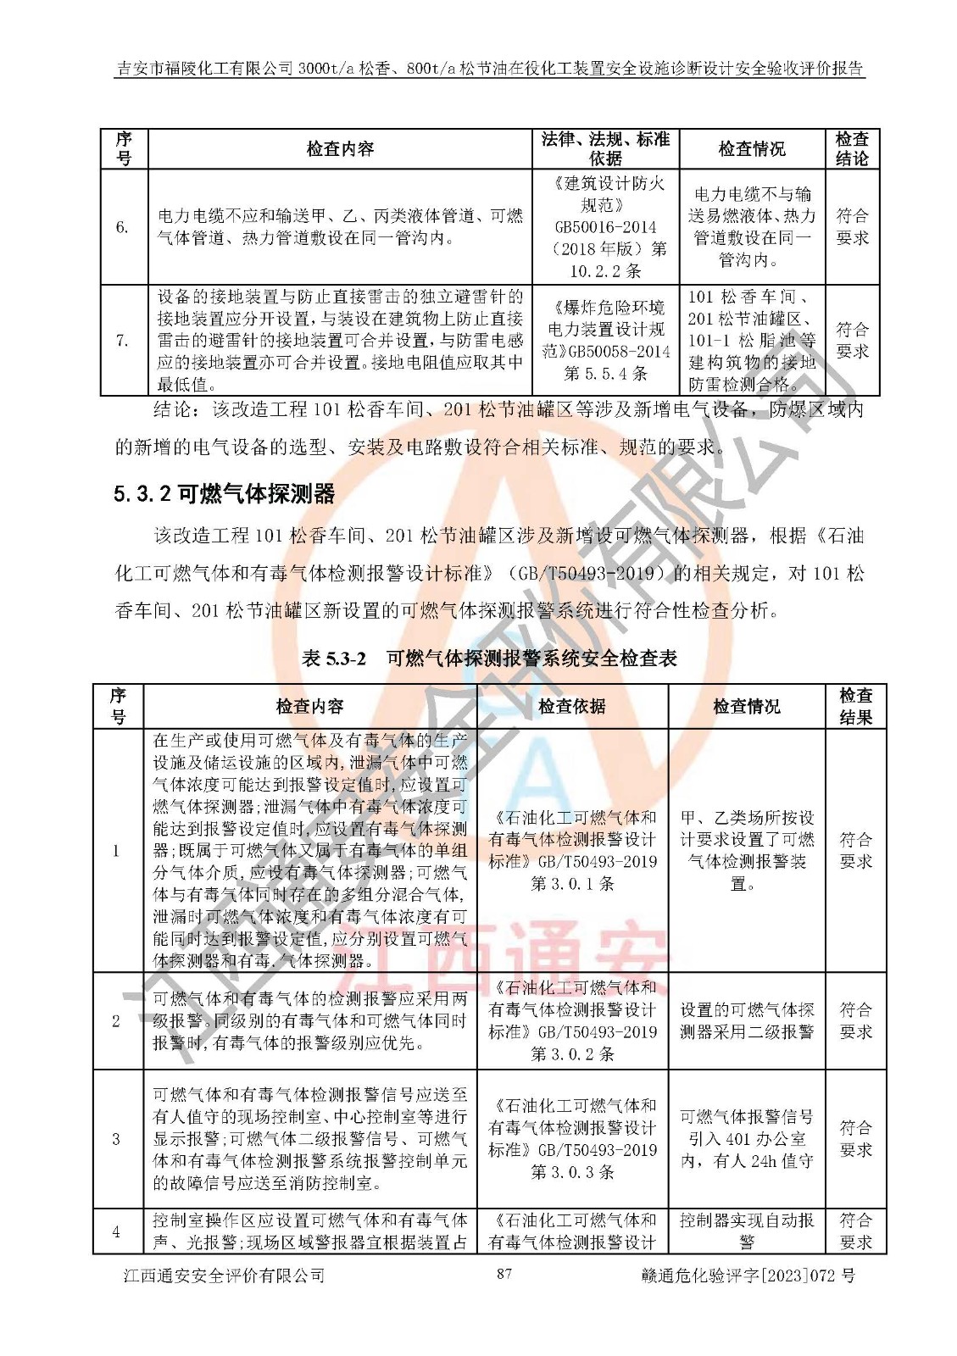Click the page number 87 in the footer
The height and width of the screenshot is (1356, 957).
click(504, 1274)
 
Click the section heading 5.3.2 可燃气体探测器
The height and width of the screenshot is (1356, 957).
click(225, 493)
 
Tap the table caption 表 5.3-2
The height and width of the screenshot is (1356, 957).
click(334, 659)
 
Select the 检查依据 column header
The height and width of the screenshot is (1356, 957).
click(572, 706)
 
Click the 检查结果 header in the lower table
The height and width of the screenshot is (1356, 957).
click(855, 706)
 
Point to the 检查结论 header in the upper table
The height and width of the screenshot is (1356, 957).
click(852, 148)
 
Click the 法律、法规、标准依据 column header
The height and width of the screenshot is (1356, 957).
click(605, 148)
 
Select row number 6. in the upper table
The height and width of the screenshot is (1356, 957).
click(123, 227)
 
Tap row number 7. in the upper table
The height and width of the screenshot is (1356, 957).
click(123, 340)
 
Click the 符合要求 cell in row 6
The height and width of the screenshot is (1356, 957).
click(852, 227)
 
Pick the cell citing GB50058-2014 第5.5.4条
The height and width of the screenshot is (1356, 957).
click(605, 340)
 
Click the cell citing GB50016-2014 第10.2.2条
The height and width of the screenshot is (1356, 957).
click(605, 227)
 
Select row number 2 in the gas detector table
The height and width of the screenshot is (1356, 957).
click(117, 1020)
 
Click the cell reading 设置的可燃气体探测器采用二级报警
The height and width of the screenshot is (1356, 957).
click(747, 1020)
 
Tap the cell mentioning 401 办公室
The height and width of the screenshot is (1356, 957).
click(747, 1138)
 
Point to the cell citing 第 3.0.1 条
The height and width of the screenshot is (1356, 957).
click(572, 851)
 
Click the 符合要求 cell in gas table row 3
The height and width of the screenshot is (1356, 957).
click(855, 1138)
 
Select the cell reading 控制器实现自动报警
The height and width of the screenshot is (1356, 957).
click(747, 1231)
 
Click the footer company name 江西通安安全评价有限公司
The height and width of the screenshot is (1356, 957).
click(224, 1275)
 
